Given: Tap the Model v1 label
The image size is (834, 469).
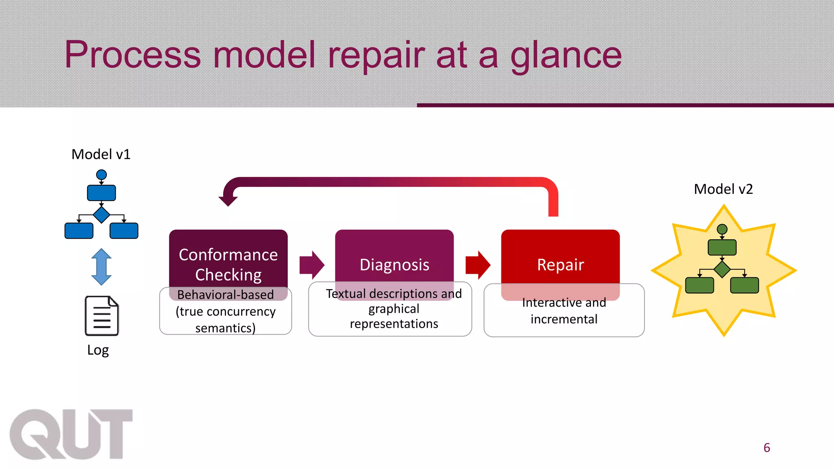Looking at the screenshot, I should pos(101,154).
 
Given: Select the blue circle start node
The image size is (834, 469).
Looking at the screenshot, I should pos(101,175).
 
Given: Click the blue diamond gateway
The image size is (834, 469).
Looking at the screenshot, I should pos(101,215).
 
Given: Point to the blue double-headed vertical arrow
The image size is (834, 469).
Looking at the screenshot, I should pos(101,267).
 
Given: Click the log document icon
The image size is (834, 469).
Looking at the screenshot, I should pos(101,316).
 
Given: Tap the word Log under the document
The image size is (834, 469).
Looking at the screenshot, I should pos(98,350).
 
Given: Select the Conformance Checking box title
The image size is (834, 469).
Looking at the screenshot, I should pos(228,264).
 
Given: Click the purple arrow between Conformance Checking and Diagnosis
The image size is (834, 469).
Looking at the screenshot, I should pos(312,265).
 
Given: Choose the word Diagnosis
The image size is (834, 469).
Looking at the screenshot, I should pos(394,265).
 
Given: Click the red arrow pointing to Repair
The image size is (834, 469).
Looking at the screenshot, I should pos(478,265).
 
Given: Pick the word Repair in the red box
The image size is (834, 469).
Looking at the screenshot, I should pos(560,265).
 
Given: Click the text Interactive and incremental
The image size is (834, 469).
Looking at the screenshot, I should pos(564,311).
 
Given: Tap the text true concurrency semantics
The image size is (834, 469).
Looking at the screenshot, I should pos(226,320).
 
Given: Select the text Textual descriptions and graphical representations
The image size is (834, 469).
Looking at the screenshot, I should pos(394,309).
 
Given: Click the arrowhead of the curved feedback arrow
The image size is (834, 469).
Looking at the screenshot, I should pos(228,200).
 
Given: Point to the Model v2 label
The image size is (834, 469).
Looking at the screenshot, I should pos(723,189).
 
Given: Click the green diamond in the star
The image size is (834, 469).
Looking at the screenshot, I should pos(722,270).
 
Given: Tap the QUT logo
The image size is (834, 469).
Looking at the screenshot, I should pos(71,434).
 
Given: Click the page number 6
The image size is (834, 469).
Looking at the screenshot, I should pos(767,448).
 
